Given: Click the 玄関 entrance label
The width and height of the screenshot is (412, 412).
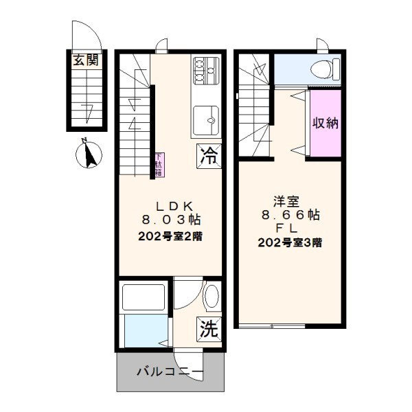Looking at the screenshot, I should pyautogui.click(x=87, y=60).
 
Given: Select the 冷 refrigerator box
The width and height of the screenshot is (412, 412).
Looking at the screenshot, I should pyautogui.click(x=209, y=155).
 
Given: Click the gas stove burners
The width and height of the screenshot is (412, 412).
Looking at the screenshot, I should pyautogui.click(x=205, y=69).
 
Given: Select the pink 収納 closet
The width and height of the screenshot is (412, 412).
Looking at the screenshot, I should pyautogui.click(x=325, y=123).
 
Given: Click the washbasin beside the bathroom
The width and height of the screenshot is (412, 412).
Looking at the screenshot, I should pyautogui.click(x=211, y=296).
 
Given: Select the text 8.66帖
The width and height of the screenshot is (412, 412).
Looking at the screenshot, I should pyautogui.click(x=290, y=214).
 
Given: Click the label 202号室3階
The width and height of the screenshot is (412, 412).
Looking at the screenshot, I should pyautogui.click(x=290, y=242).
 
